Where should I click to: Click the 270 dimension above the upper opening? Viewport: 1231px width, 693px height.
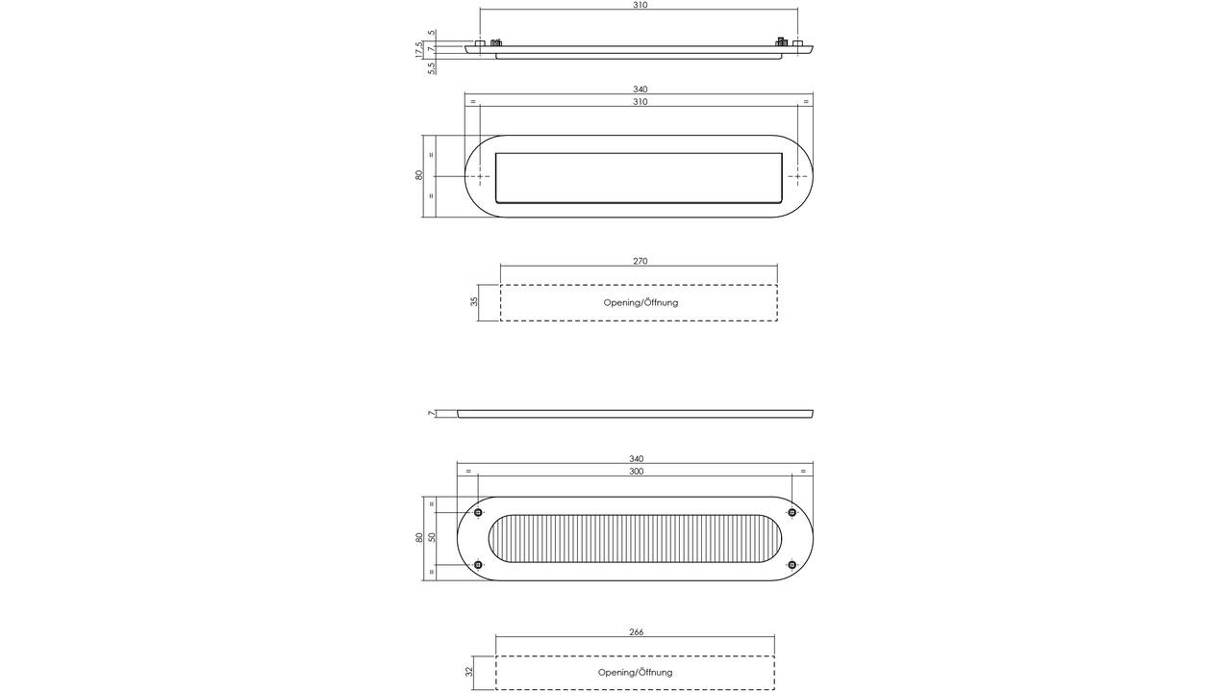click(x=641, y=261)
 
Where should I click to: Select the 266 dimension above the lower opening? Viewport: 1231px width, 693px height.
click(x=636, y=632)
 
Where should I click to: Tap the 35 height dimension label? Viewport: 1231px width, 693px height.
click(x=474, y=302)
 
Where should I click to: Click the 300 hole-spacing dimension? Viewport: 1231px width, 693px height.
click(x=637, y=472)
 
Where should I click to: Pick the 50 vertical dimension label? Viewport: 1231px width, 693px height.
click(x=432, y=537)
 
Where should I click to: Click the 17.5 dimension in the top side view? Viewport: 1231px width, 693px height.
click(x=419, y=50)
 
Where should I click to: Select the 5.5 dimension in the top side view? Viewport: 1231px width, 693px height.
click(x=432, y=67)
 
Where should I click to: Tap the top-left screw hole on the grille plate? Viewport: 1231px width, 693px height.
click(x=478, y=513)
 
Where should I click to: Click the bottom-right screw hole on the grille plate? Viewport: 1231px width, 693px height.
click(x=791, y=565)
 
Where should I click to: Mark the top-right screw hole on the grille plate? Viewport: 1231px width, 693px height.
click(x=791, y=513)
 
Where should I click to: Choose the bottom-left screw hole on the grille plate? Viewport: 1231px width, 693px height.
click(x=478, y=565)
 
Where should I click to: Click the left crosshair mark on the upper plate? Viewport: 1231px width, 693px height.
click(x=480, y=176)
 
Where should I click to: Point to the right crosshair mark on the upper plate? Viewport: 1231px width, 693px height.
click(x=798, y=176)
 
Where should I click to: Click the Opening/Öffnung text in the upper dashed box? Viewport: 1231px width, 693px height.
click(x=641, y=302)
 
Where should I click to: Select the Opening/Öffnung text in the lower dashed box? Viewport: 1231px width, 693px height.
click(x=636, y=672)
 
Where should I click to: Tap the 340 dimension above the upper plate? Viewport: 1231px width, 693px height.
click(x=641, y=90)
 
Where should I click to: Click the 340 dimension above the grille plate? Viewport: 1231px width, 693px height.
click(x=637, y=459)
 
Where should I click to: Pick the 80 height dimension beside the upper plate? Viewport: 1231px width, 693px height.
click(x=419, y=176)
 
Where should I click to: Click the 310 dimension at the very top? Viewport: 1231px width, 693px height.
click(x=641, y=5)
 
